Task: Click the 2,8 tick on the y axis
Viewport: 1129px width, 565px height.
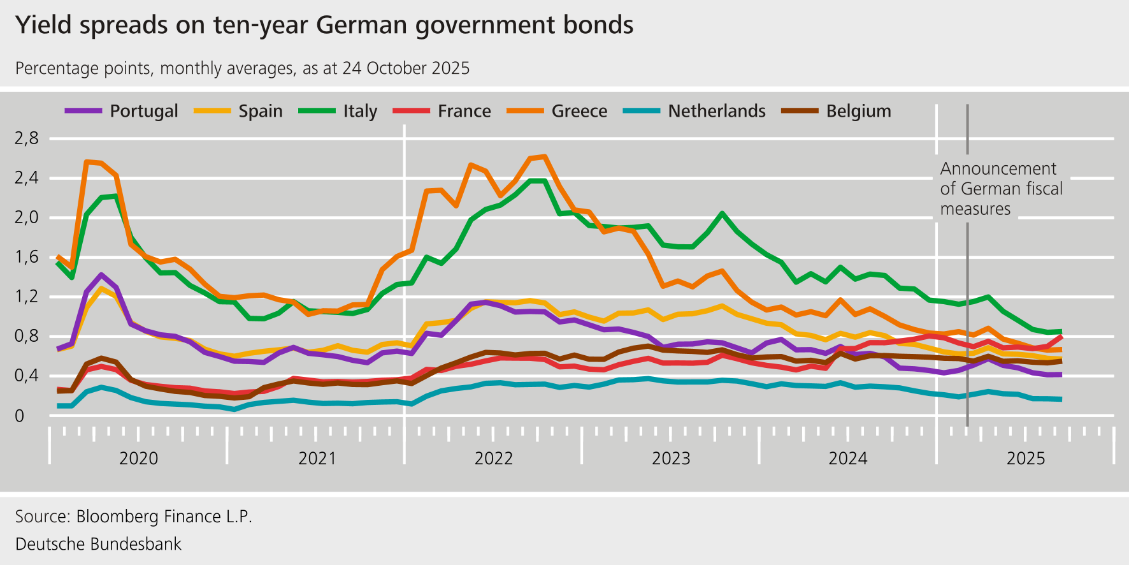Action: point(27,138)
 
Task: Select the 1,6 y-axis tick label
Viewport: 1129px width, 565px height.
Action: point(27,257)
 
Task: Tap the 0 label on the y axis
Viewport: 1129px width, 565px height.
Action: point(19,416)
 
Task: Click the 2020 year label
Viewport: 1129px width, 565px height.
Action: point(138,459)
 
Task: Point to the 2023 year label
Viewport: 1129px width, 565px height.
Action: point(671,459)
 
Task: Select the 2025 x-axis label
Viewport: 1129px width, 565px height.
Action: point(1025,459)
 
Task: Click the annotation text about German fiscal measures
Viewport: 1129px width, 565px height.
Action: point(1000,189)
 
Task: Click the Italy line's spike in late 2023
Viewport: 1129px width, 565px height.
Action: point(721,214)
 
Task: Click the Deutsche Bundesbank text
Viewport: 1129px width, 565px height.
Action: point(98,544)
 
